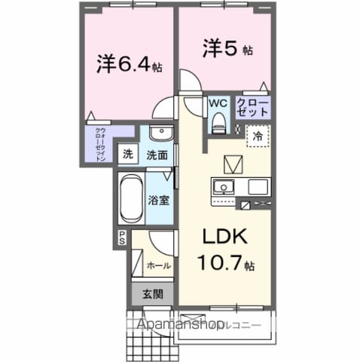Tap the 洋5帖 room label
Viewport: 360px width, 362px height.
[x=224, y=48]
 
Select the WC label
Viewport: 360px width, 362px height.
[x=218, y=103]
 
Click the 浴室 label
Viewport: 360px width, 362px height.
[x=159, y=201]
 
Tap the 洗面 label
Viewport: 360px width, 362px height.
[x=157, y=155]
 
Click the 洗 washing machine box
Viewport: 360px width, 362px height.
[x=130, y=154]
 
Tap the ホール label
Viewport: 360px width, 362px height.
[x=158, y=265]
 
